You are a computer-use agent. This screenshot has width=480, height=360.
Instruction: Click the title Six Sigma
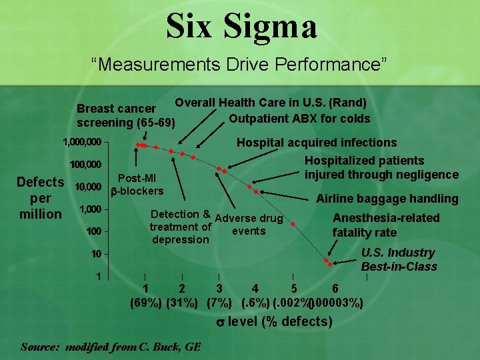point(241,27)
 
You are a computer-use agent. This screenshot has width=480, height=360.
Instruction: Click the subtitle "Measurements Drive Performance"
point(239,65)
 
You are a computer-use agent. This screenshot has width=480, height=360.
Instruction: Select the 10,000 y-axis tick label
point(87,187)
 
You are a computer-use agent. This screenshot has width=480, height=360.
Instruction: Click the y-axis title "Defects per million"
point(40,198)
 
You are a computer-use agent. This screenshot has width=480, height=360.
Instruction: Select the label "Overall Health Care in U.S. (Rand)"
point(270,103)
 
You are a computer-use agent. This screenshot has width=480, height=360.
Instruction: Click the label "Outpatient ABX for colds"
point(299,119)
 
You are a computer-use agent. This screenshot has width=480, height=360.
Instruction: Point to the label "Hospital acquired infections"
point(317,143)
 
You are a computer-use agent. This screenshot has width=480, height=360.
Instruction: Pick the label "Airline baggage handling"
point(387,199)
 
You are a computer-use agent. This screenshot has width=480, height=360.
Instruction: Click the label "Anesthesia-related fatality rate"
point(386,225)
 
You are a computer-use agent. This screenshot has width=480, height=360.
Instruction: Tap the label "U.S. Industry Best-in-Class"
point(399,260)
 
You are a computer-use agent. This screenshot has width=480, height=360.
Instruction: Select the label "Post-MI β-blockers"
point(137,185)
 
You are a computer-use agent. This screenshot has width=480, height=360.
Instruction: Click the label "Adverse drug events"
point(249,225)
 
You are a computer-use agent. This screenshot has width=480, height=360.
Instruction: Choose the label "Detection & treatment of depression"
point(181,227)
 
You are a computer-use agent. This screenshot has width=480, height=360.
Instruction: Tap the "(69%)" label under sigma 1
point(145,303)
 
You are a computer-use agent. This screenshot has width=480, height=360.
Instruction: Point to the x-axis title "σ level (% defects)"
point(275,322)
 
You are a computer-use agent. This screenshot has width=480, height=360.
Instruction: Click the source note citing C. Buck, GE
point(111,347)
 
